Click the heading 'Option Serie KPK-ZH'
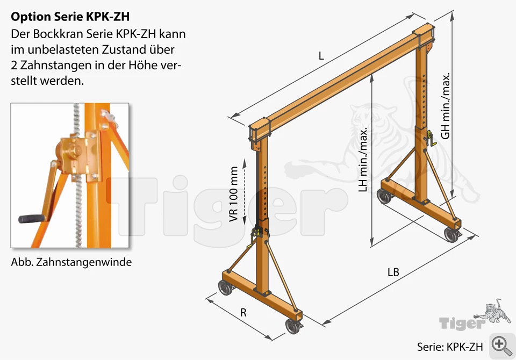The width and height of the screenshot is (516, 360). [70, 17]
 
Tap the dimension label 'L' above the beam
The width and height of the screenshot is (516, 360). [321, 56]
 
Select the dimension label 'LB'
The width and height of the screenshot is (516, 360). [393, 272]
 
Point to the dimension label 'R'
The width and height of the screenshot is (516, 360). [243, 313]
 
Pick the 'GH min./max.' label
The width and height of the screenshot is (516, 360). [445, 106]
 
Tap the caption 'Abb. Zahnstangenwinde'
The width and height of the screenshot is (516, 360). [71, 262]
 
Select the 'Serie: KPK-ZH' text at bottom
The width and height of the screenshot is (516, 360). [450, 347]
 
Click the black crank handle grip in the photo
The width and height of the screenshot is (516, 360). [31, 219]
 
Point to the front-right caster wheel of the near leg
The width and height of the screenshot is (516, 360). [292, 326]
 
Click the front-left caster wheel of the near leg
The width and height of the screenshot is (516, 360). [225, 287]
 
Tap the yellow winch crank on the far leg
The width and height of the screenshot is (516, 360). [431, 139]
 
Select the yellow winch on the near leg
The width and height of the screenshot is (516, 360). [255, 236]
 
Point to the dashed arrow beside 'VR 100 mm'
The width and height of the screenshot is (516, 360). [245, 192]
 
